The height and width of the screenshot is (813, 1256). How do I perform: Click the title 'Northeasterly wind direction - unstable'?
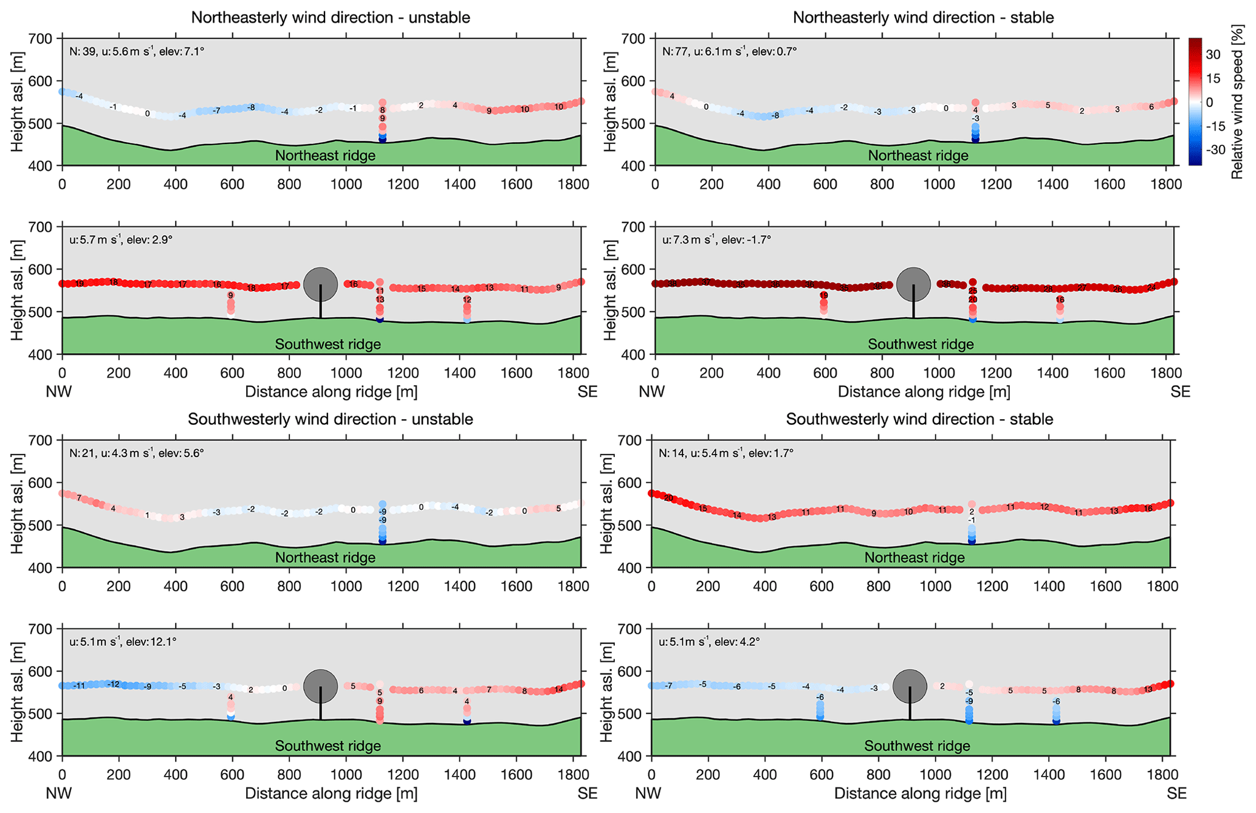(x=331, y=17)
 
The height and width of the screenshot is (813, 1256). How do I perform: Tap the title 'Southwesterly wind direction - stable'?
(x=919, y=419)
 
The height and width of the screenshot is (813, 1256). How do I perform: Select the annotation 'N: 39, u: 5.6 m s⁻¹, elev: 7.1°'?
(x=137, y=52)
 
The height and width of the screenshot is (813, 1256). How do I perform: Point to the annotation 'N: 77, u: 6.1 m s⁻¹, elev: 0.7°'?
(x=729, y=52)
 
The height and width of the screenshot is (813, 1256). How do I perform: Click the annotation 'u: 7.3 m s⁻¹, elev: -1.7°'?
(x=716, y=240)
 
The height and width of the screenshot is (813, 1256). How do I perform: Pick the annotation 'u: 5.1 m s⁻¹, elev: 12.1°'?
(x=123, y=642)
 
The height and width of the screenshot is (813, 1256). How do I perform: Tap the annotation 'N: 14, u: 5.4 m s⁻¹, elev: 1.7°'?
(x=726, y=453)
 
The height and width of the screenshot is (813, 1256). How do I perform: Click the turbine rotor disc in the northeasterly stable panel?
(x=913, y=284)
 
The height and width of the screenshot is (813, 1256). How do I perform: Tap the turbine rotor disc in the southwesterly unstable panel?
(x=320, y=686)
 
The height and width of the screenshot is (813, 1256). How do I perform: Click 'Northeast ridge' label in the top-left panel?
(x=325, y=156)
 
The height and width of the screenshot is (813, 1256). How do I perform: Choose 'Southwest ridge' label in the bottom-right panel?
(x=917, y=746)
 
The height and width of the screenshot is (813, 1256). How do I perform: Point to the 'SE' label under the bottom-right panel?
(x=1176, y=794)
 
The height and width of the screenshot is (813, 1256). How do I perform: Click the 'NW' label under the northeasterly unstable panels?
(x=59, y=392)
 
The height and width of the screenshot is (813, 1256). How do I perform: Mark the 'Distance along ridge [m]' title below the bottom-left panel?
(x=331, y=794)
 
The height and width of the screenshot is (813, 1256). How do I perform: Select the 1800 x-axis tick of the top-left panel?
(x=573, y=184)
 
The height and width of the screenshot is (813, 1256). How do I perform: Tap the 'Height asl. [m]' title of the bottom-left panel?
(x=17, y=693)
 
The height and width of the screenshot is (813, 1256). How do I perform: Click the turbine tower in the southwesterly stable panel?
(x=910, y=708)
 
